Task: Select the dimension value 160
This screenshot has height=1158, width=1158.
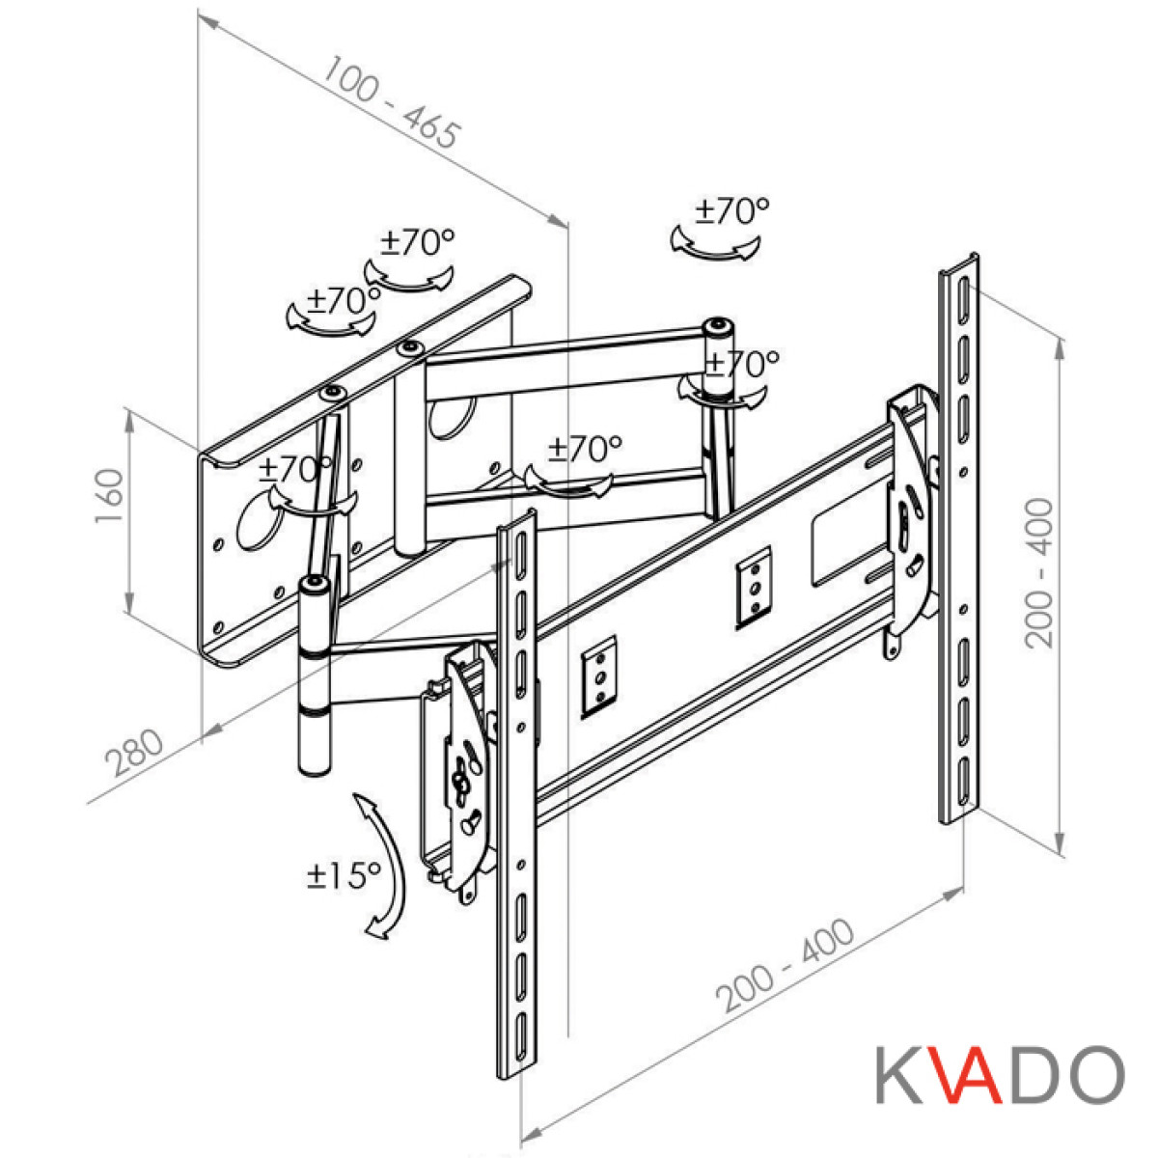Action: (109, 496)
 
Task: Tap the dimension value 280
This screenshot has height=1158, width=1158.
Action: (134, 753)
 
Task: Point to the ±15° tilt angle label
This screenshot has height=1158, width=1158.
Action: (344, 875)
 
